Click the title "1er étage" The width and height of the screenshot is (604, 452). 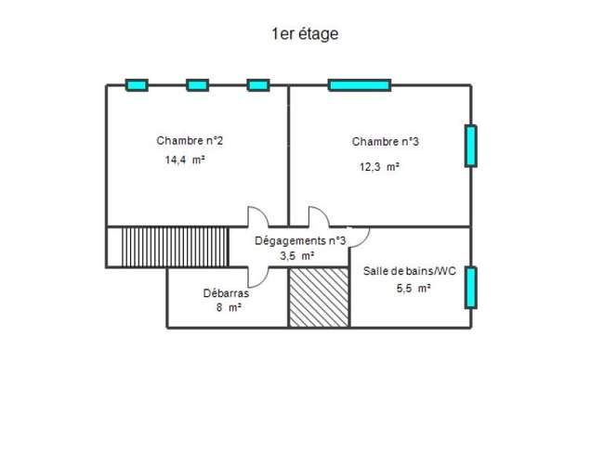(x=305, y=34)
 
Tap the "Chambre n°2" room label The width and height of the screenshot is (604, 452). (x=190, y=141)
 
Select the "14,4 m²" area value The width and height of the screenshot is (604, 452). (x=185, y=160)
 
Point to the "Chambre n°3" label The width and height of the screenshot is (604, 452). (x=386, y=142)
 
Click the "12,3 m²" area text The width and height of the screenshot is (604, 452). (x=379, y=166)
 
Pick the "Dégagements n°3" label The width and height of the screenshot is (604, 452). (x=300, y=241)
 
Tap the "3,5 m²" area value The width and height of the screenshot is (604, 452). (x=297, y=255)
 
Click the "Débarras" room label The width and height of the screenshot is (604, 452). (x=226, y=293)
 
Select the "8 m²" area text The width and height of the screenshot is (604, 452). (x=229, y=308)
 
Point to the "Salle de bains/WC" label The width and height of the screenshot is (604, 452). (x=410, y=271)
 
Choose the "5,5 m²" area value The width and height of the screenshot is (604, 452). (x=414, y=288)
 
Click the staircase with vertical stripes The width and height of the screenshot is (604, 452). (x=176, y=247)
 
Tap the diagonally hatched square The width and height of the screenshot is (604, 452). (x=319, y=297)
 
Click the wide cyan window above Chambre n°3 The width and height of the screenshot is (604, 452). (x=360, y=85)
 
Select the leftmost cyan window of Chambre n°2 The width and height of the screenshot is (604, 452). (x=137, y=85)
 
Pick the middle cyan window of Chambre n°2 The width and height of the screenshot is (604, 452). (x=198, y=85)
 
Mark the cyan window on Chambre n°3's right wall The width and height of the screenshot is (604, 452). (x=471, y=146)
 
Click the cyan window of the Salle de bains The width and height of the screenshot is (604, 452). (x=471, y=288)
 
